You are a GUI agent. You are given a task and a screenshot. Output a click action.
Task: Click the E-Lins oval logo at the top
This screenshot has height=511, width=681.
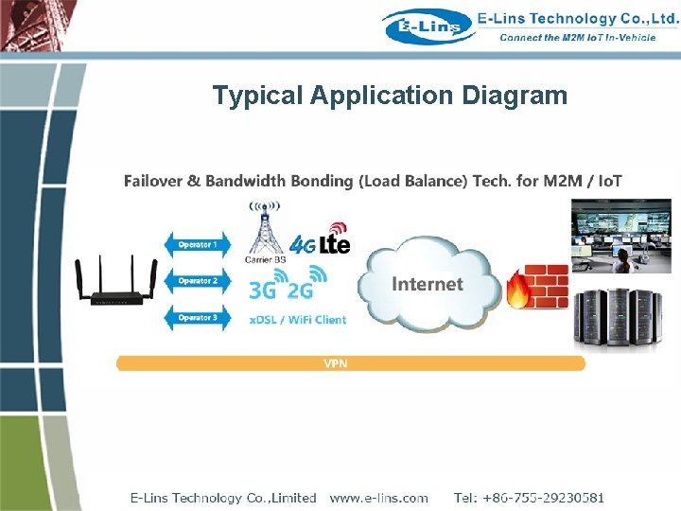pos(428,26)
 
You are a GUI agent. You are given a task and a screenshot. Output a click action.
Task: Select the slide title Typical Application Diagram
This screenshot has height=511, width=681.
pos(390,96)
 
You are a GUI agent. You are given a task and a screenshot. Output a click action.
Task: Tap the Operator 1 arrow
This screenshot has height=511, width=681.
pos(198,245)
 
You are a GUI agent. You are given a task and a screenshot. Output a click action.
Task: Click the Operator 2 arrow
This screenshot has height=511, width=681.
pos(198,281)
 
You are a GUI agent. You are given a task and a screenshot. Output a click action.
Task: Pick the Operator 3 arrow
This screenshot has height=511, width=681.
pos(198,318)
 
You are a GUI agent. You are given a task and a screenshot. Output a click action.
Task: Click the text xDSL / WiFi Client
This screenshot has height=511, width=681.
pos(297,319)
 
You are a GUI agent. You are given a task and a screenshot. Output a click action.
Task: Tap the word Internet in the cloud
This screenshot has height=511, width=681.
pos(428,284)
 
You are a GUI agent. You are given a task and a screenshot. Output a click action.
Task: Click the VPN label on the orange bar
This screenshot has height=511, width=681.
pos(335,363)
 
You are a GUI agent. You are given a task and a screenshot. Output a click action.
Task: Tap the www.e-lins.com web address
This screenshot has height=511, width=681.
pos(378,498)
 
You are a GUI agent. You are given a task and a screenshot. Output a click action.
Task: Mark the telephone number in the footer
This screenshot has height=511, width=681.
pos(529,498)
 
